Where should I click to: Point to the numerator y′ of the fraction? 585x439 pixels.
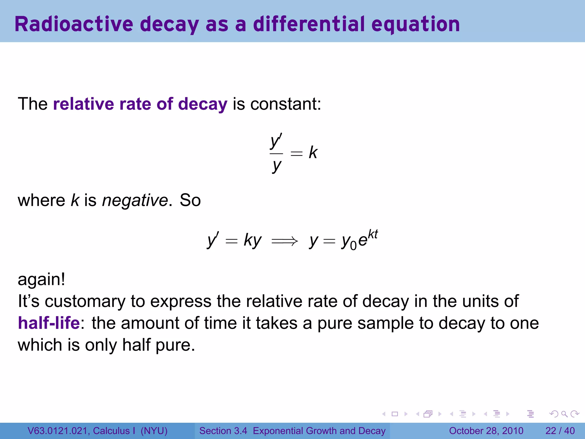276,141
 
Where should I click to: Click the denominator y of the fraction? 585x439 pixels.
277,166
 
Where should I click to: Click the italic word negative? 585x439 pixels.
135,200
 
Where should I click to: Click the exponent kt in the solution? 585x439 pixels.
373,234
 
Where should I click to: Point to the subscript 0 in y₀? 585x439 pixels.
353,246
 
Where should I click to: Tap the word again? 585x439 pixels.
41,279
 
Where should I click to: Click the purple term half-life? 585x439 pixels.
49,323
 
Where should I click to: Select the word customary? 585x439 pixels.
85,301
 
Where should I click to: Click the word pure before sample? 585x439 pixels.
335,323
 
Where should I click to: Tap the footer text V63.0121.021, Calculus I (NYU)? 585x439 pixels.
97,431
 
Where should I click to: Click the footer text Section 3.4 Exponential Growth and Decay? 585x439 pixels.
292,431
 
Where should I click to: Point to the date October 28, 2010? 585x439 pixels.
486,431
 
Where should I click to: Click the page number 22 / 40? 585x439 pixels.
560,431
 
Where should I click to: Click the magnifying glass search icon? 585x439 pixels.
564,414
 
